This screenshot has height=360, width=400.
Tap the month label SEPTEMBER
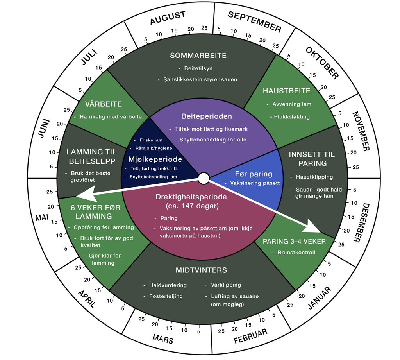254,21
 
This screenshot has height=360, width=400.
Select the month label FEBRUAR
250,336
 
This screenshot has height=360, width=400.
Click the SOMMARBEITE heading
198,56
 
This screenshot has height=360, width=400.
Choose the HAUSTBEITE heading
286,91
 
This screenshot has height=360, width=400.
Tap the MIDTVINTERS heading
201,270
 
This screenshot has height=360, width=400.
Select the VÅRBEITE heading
104,104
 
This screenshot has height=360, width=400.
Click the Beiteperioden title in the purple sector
207,116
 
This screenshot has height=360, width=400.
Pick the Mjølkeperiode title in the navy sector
155,159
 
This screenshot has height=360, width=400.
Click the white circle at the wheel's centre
204,178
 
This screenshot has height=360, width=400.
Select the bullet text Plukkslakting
292,116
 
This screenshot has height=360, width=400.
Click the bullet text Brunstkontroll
296,252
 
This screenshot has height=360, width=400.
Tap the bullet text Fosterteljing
166,296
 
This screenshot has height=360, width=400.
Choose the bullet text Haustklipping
314,177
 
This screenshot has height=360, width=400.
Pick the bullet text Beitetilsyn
198,68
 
